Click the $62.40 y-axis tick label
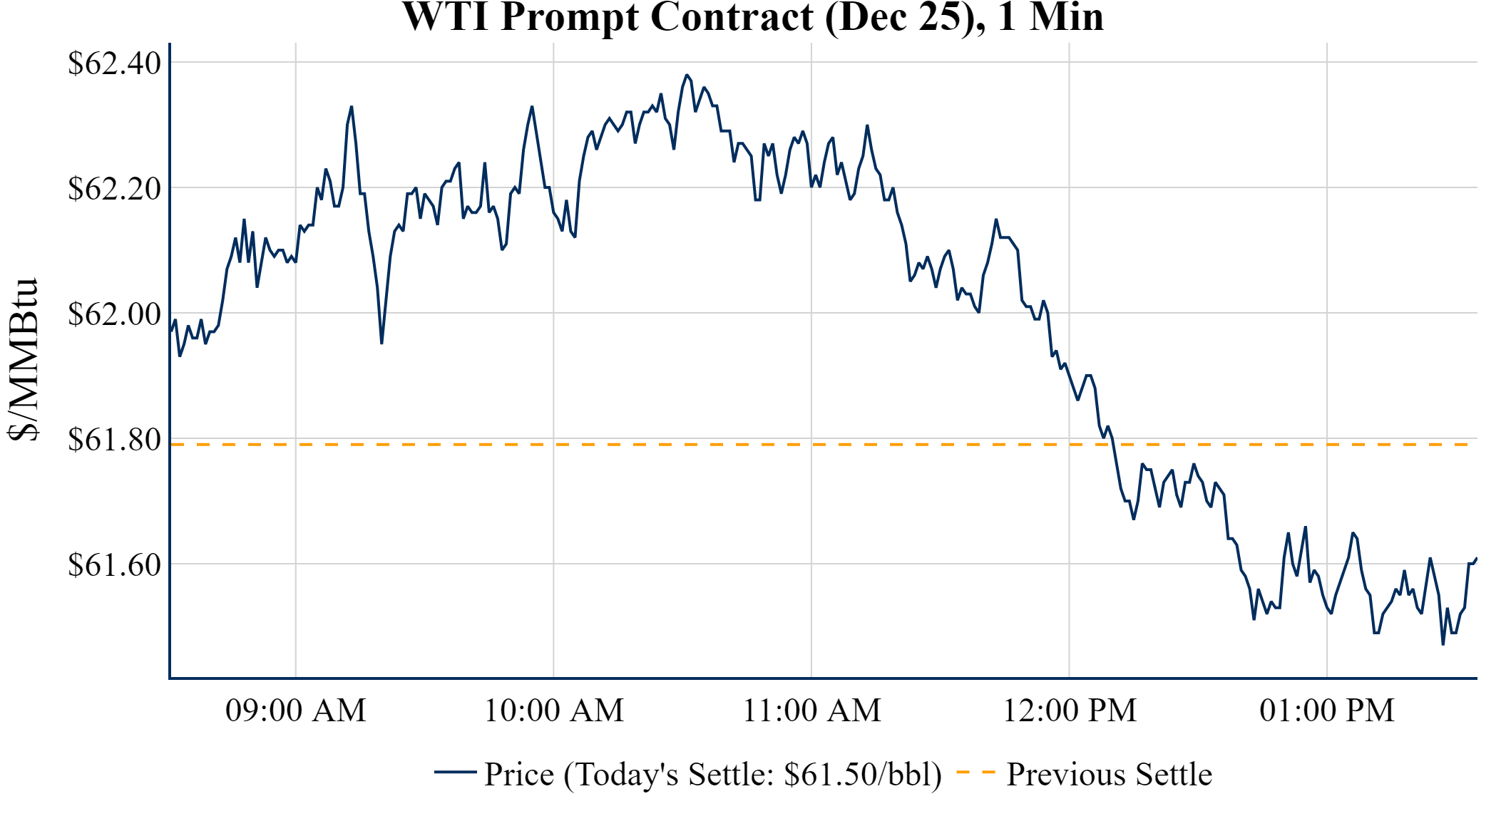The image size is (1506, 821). pyautogui.click(x=114, y=63)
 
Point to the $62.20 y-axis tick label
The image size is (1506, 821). pyautogui.click(x=114, y=189)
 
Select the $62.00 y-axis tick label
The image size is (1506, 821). pyautogui.click(x=114, y=314)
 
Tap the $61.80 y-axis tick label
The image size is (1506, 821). pyautogui.click(x=114, y=440)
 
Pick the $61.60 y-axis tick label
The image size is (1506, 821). pyautogui.click(x=114, y=564)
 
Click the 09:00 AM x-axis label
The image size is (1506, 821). pyautogui.click(x=296, y=711)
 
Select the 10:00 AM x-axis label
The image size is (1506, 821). pyautogui.click(x=554, y=711)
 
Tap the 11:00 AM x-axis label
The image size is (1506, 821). pyautogui.click(x=812, y=711)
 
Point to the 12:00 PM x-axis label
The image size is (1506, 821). pyautogui.click(x=1070, y=711)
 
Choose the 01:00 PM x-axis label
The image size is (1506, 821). pyautogui.click(x=1327, y=711)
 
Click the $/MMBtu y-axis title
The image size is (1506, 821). pyautogui.click(x=23, y=359)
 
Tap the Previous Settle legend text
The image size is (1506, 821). pyautogui.click(x=1109, y=774)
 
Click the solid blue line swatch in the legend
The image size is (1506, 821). pyautogui.click(x=455, y=772)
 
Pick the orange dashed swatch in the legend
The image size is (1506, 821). pyautogui.click(x=975, y=772)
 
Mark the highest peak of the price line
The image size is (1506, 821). pyautogui.click(x=687, y=75)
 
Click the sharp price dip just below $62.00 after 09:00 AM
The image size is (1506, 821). pyautogui.click(x=381, y=344)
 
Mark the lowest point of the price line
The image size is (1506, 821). pyautogui.click(x=1443, y=644)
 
